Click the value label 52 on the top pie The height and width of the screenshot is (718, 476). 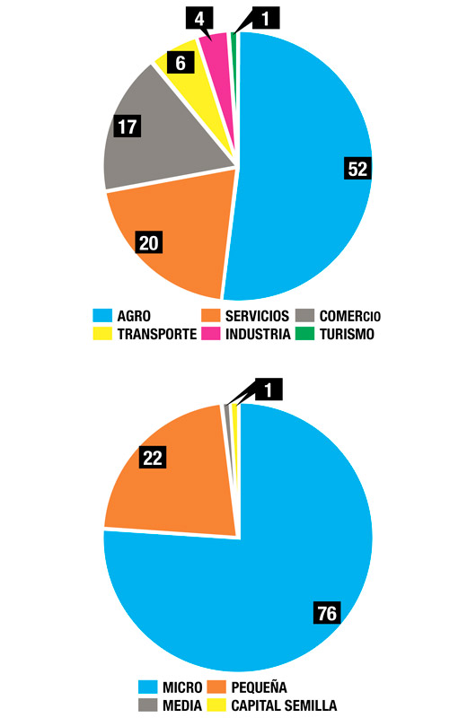[x=358, y=170]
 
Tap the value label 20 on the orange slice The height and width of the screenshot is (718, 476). [x=148, y=241]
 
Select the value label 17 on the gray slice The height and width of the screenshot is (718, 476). [x=127, y=126]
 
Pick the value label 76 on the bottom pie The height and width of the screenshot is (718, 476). [x=327, y=614]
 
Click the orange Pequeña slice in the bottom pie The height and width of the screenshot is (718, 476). [x=180, y=485]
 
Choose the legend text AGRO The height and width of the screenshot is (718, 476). [x=133, y=316]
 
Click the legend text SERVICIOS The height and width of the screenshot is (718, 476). [x=257, y=316]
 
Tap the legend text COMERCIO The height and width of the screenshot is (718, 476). [x=351, y=316]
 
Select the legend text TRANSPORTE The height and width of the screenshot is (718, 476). [x=157, y=334]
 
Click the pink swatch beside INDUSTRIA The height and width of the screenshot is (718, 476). [x=211, y=334]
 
